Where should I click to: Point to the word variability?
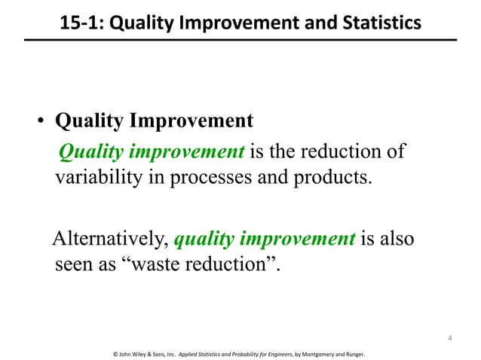click(x=94, y=182)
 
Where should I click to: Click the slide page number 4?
click(x=449, y=336)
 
